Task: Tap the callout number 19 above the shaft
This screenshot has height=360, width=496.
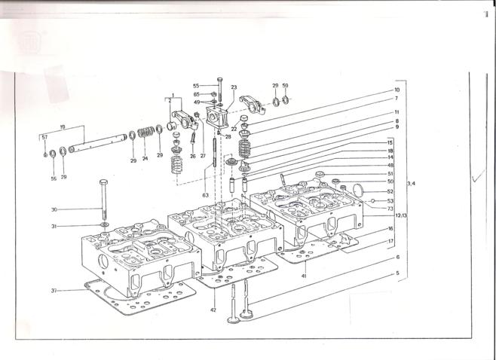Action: (x=62, y=127)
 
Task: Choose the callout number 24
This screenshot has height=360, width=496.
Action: (x=145, y=159)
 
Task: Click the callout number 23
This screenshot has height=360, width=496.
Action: (x=234, y=87)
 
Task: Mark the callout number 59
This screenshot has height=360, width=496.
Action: (x=286, y=86)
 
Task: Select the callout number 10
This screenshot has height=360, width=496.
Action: (x=396, y=90)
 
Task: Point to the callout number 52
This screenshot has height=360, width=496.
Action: (x=390, y=191)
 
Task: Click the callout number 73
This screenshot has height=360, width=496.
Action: (x=390, y=209)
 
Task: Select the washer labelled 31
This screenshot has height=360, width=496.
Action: (x=103, y=225)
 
